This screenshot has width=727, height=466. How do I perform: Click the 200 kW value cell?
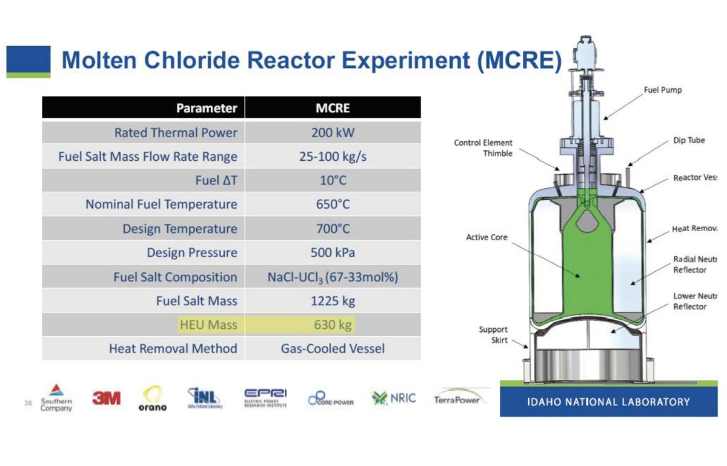pyautogui.click(x=333, y=132)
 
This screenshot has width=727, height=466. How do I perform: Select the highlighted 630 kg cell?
pyautogui.click(x=333, y=325)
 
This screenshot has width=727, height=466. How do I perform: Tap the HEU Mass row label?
pyautogui.click(x=208, y=325)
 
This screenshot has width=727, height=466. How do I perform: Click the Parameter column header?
pyautogui.click(x=207, y=109)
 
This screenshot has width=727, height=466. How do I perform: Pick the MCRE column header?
pyautogui.click(x=333, y=109)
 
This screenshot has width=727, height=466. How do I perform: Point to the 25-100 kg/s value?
pyautogui.click(x=333, y=157)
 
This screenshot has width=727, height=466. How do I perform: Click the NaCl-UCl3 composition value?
pyautogui.click(x=333, y=277)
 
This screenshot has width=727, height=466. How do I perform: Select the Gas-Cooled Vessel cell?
pyautogui.click(x=333, y=349)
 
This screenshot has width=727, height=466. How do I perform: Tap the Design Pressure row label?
pyautogui.click(x=191, y=252)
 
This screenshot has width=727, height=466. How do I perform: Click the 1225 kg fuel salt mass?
pyautogui.click(x=333, y=301)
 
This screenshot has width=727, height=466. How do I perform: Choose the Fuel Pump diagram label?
pyautogui.click(x=662, y=90)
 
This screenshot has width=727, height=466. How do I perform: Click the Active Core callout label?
pyautogui.click(x=486, y=237)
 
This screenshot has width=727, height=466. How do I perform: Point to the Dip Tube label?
pyautogui.click(x=689, y=140)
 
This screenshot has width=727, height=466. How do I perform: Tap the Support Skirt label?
pyautogui.click(x=493, y=334)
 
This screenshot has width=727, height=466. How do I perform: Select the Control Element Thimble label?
pyautogui.click(x=483, y=148)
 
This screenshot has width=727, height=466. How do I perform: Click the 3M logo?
pyautogui.click(x=106, y=399)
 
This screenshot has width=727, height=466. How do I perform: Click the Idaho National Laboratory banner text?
pyautogui.click(x=608, y=402)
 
